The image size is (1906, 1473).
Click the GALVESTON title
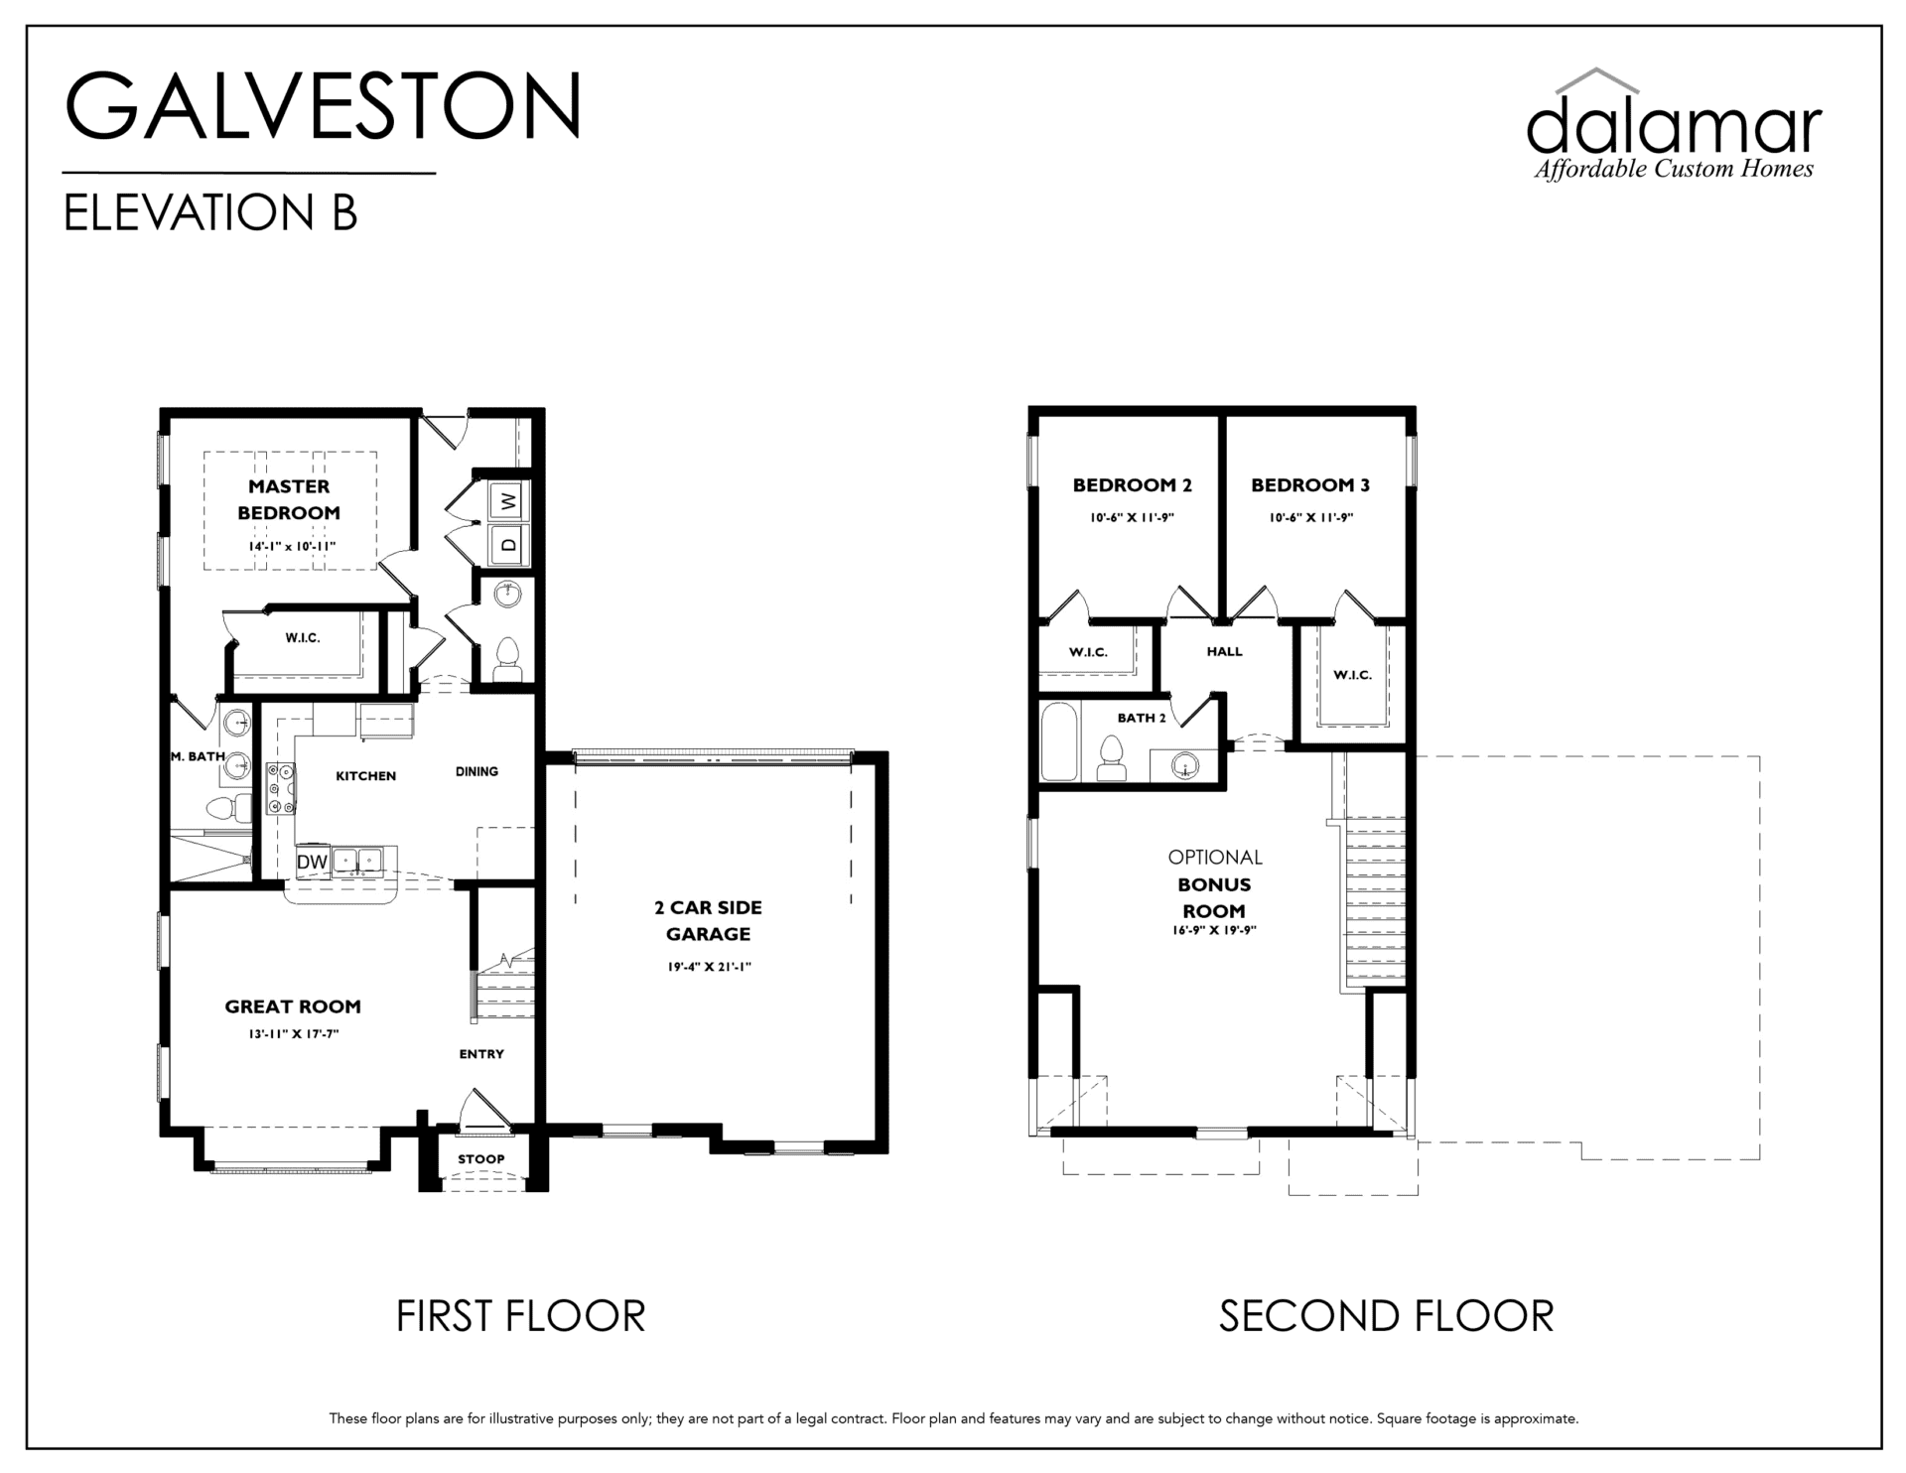pyautogui.click(x=324, y=105)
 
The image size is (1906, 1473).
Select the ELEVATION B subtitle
pyautogui.click(x=209, y=212)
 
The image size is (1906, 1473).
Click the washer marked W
pyautogui.click(x=509, y=501)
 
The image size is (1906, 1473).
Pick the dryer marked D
pyautogui.click(x=509, y=544)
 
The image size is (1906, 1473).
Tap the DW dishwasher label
pyautogui.click(x=312, y=863)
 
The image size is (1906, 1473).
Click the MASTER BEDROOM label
pyautogui.click(x=289, y=499)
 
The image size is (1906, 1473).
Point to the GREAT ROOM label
pyautogui.click(x=293, y=1006)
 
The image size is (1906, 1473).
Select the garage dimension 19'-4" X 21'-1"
pyautogui.click(x=709, y=967)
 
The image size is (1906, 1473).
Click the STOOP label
pyautogui.click(x=481, y=1158)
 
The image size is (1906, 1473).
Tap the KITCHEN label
pyautogui.click(x=365, y=776)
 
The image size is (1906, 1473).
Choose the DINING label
pyautogui.click(x=476, y=771)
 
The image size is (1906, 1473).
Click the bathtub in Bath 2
pyautogui.click(x=1059, y=742)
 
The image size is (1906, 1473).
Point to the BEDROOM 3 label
pyautogui.click(x=1310, y=485)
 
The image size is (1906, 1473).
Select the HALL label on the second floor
pyautogui.click(x=1224, y=652)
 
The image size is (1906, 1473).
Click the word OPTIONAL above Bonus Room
pyautogui.click(x=1215, y=857)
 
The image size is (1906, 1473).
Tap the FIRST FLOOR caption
pyautogui.click(x=521, y=1316)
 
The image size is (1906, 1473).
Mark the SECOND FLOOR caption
pyautogui.click(x=1386, y=1316)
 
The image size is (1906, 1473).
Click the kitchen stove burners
pyautogui.click(x=281, y=788)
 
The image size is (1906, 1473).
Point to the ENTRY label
pyautogui.click(x=481, y=1054)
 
